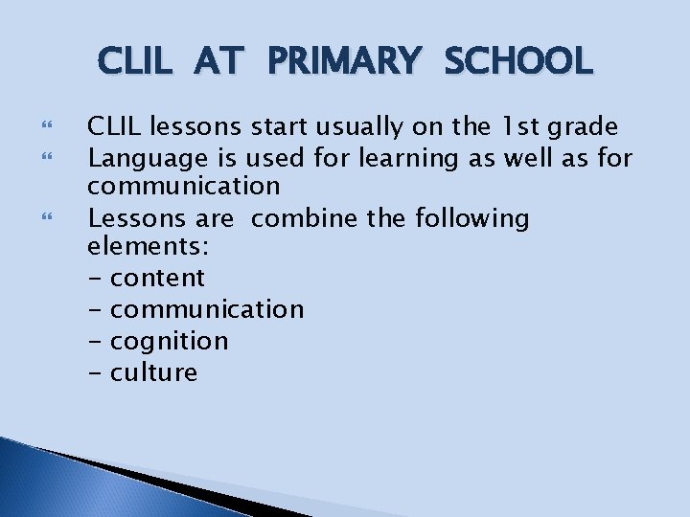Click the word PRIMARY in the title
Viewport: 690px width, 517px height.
pyautogui.click(x=343, y=61)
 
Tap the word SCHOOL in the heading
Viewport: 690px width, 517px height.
pyautogui.click(x=518, y=61)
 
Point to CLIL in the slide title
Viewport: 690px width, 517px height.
pyautogui.click(x=136, y=61)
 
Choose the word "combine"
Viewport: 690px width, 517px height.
pyautogui.click(x=306, y=218)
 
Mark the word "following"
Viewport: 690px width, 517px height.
pyautogui.click(x=472, y=219)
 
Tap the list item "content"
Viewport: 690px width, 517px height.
pyautogui.click(x=157, y=279)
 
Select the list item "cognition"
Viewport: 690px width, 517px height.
pyautogui.click(x=170, y=342)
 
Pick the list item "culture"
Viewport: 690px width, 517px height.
pyautogui.click(x=153, y=372)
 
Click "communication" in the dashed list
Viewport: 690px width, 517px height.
pyautogui.click(x=207, y=309)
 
